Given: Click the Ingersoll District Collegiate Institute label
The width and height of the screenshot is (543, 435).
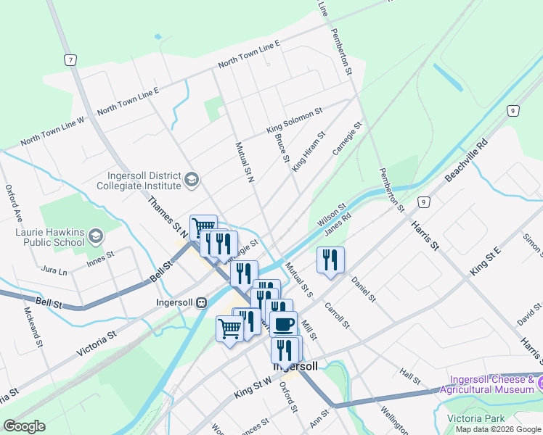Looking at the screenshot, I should click(x=138, y=180).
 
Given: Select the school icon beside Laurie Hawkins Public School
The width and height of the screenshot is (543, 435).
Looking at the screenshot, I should click(x=97, y=237).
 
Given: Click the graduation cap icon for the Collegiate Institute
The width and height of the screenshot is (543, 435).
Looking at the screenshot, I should click(x=192, y=180).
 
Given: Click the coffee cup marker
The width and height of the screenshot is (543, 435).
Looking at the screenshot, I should click(x=283, y=323).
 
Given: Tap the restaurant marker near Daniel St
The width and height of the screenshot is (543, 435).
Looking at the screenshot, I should click(x=330, y=260).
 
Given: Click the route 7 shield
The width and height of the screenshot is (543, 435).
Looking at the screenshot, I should click(x=70, y=59).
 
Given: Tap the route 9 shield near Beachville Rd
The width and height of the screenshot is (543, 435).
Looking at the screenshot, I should click(x=513, y=110).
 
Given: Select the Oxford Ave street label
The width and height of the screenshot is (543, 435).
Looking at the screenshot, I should click(x=15, y=203).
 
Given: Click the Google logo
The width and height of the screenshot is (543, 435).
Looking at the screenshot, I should click(x=25, y=426).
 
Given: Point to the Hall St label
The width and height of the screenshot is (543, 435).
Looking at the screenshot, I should click(x=410, y=376).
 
